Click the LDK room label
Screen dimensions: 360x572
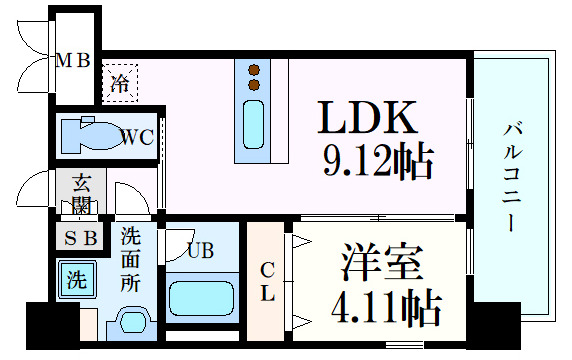[x=367, y=120]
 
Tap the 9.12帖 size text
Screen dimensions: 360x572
[x=376, y=160]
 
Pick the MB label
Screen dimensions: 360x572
[x=72, y=61]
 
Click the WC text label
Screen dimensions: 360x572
[x=137, y=138]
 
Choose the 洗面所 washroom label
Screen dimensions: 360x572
[x=131, y=260]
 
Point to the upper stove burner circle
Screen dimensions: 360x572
[x=254, y=70]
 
